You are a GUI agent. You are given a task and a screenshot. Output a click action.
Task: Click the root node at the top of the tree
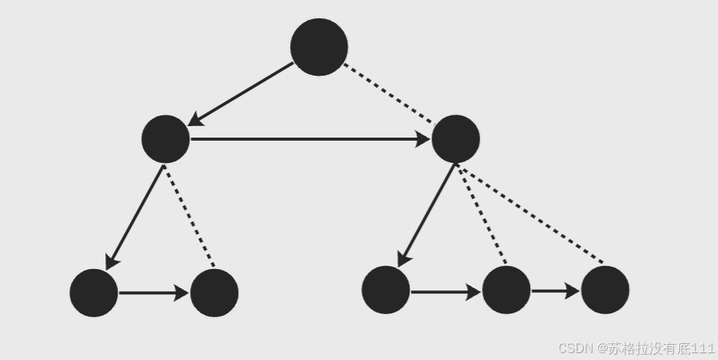tap(319, 47)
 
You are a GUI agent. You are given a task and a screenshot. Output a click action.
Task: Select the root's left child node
tap(166, 139)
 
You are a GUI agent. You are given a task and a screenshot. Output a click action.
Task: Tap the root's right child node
tap(455, 139)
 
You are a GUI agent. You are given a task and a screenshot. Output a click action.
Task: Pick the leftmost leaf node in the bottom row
tap(94, 293)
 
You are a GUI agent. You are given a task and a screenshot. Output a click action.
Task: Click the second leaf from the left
tap(214, 293)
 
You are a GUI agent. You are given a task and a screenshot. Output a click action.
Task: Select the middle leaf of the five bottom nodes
tap(386, 290)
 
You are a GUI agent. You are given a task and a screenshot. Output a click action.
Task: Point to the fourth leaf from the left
tap(506, 290)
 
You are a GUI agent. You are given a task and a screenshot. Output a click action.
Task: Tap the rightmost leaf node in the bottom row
tap(605, 290)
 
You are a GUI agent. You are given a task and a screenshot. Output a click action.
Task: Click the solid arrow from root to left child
tap(241, 93)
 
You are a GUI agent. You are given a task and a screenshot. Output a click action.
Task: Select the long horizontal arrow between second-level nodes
tap(309, 139)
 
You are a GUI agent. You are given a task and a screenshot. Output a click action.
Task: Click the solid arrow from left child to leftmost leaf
tap(135, 217)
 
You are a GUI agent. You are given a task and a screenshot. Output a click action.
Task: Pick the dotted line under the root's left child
tap(190, 216)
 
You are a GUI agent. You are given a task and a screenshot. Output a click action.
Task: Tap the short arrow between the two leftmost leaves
tap(154, 293)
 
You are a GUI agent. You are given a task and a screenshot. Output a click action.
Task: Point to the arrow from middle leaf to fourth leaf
tap(445, 291)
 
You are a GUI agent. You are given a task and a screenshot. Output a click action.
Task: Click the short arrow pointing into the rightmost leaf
tap(555, 291)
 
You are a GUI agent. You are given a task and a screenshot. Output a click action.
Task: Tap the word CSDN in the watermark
tap(576, 349)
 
